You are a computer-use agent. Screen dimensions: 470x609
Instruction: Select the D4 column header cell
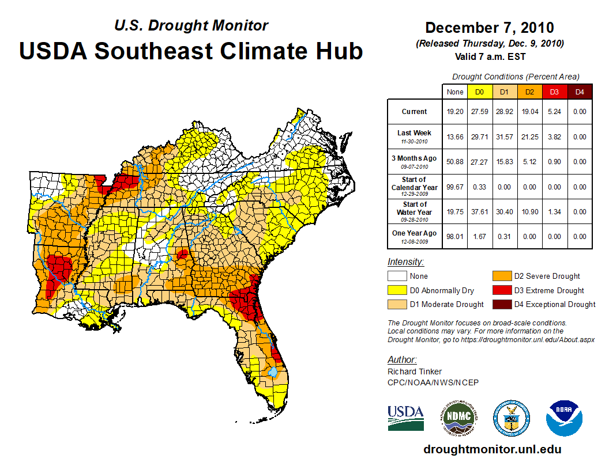(x=580, y=92)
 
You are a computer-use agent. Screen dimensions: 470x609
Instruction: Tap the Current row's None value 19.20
(x=455, y=112)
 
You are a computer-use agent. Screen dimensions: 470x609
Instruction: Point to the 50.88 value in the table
(x=455, y=162)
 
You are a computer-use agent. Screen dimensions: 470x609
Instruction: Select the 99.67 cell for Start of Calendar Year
(x=455, y=187)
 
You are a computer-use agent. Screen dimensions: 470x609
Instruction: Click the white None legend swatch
(x=396, y=276)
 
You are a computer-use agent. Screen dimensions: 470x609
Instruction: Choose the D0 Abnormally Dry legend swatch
(x=396, y=290)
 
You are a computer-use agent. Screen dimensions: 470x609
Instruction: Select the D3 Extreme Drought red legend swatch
(x=501, y=290)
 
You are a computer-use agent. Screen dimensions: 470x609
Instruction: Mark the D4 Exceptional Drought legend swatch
(x=501, y=305)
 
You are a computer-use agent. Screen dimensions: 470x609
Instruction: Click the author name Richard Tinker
(x=415, y=372)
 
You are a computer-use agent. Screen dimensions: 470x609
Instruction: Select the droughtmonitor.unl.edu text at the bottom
(x=492, y=449)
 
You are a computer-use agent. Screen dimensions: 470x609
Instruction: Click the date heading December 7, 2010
(x=489, y=28)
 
